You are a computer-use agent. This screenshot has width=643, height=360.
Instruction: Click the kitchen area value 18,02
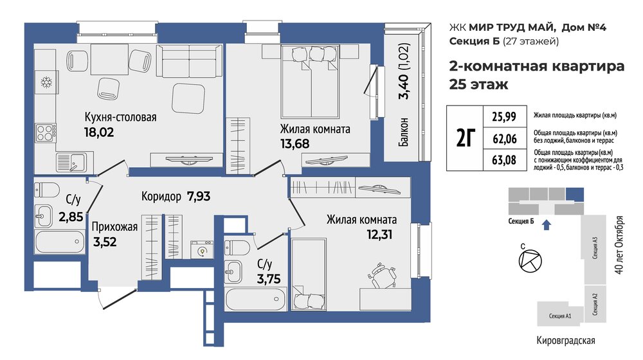pos(99,132)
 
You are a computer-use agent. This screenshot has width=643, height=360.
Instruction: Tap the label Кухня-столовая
pos(121,117)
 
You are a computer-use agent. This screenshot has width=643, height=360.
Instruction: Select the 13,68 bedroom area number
pos(294,144)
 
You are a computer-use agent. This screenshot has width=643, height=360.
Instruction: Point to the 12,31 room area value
pos(379,235)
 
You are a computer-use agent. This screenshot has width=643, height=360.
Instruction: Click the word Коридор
pos(161,197)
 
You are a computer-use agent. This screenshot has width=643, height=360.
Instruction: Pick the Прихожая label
pos(114,227)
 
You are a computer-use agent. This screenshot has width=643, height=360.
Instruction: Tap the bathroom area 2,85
pos(71,217)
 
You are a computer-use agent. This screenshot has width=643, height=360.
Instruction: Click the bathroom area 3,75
pos(269,279)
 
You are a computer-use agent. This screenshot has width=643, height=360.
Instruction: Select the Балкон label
pos(404,132)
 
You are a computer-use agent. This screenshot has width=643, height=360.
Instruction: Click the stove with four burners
pos(46,133)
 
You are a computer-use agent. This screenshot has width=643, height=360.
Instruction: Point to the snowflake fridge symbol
pos(46,82)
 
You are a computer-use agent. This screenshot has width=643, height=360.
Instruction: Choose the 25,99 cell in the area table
pos(504,117)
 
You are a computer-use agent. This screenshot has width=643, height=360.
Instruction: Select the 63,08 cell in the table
pos(504,159)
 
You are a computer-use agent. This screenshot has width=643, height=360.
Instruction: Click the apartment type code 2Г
pos(466,138)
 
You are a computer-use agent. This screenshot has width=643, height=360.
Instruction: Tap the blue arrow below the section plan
pos(546,225)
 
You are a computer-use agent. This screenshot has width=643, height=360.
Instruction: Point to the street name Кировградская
pos(565,340)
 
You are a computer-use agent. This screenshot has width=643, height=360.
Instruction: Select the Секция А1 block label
pos(560,316)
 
